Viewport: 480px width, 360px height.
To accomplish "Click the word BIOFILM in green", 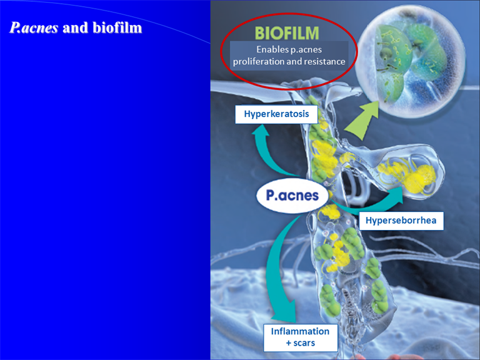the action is pyautogui.click(x=287, y=33).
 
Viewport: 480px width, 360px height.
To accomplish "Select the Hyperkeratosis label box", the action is pyautogui.click(x=276, y=114).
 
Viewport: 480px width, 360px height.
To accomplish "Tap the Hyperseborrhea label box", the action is pyautogui.click(x=401, y=221).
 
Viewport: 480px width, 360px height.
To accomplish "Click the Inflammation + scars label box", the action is pyautogui.click(x=300, y=337).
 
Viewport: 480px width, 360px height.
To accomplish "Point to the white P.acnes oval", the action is pyautogui.click(x=292, y=195).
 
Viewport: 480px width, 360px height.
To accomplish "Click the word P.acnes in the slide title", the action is pyautogui.click(x=34, y=28).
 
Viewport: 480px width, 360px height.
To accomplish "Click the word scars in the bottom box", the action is pyautogui.click(x=304, y=343).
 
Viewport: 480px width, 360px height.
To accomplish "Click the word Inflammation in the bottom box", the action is pyautogui.click(x=300, y=331).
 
